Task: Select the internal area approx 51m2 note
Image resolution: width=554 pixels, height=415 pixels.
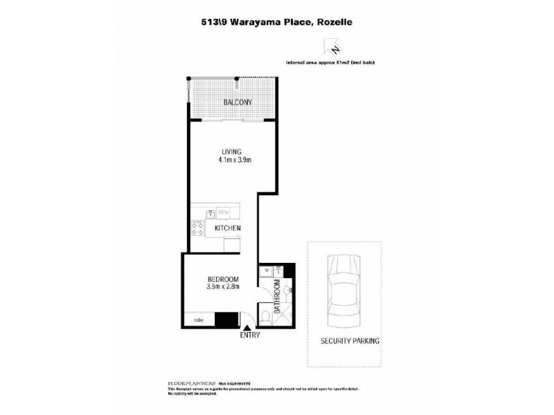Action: click(334, 62)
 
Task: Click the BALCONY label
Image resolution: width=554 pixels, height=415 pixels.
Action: click(237, 103)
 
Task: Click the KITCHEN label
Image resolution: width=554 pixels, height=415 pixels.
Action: click(227, 228)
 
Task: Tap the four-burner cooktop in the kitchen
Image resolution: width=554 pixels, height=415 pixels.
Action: click(197, 228)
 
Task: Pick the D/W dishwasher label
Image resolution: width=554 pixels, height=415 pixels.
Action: click(224, 212)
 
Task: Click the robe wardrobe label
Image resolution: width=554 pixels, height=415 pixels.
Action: click(198, 320)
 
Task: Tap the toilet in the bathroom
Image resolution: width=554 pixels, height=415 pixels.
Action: click(267, 317)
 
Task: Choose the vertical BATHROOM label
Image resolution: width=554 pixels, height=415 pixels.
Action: click(277, 297)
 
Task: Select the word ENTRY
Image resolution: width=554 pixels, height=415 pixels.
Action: click(250, 336)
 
